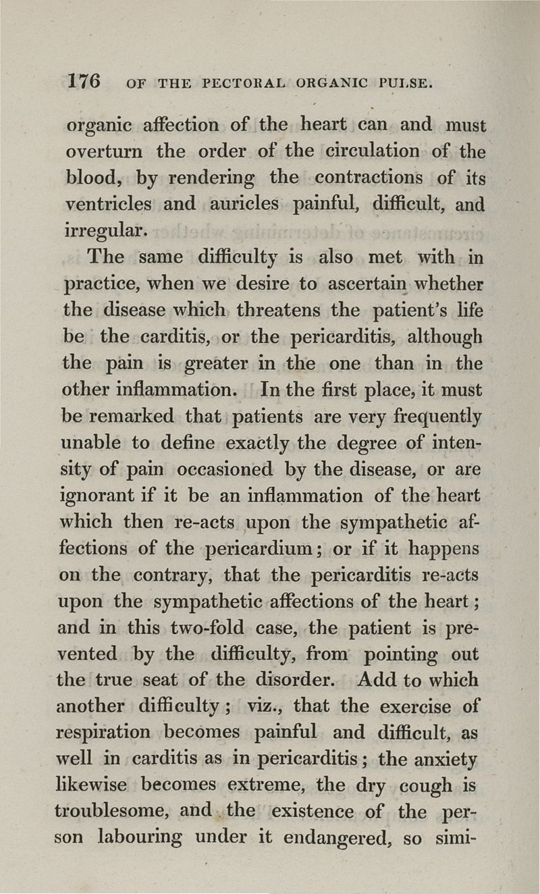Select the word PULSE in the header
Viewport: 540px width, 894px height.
tap(404, 84)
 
